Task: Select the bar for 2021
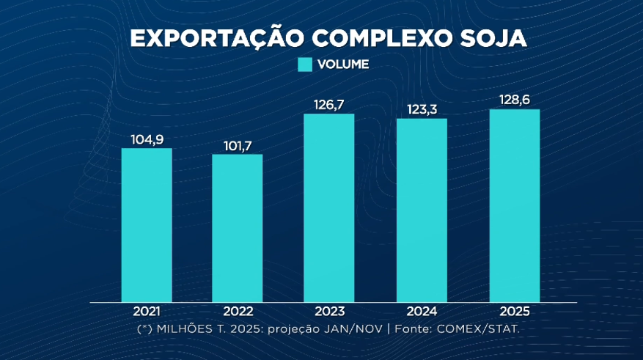(x=147, y=224)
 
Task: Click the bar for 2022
(x=238, y=227)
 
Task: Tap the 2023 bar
(x=329, y=207)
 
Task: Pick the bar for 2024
(x=422, y=210)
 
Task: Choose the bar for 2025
(x=514, y=205)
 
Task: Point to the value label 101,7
(x=238, y=145)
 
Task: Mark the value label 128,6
(x=514, y=100)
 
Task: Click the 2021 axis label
(x=147, y=312)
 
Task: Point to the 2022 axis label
(x=238, y=312)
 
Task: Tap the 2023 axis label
(x=329, y=312)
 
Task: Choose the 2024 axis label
(x=422, y=312)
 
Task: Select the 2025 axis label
(x=514, y=312)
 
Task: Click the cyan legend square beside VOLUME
(x=305, y=65)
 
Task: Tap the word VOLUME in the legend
(x=343, y=65)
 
